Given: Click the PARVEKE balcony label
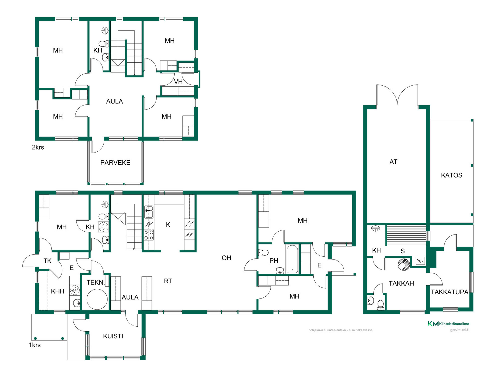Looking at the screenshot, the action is pyautogui.click(x=115, y=163).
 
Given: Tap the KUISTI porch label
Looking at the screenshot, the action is pyautogui.click(x=113, y=336).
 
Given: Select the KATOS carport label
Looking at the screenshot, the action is pyautogui.click(x=451, y=175).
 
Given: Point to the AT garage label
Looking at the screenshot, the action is pyautogui.click(x=393, y=162).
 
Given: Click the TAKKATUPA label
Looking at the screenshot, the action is pyautogui.click(x=449, y=292).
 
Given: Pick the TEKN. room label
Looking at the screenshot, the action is pyautogui.click(x=96, y=283).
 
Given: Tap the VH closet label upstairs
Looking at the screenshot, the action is pyautogui.click(x=178, y=82).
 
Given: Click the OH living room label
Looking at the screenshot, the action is pyautogui.click(x=226, y=258).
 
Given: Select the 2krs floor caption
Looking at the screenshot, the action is pyautogui.click(x=38, y=147).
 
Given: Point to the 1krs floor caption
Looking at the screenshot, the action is pyautogui.click(x=35, y=345).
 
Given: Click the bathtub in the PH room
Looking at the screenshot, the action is pyautogui.click(x=292, y=259).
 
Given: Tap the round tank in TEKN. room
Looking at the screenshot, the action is pyautogui.click(x=97, y=299).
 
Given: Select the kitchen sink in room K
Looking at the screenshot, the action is pyautogui.click(x=149, y=212).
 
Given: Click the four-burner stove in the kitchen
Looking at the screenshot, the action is pyautogui.click(x=149, y=235).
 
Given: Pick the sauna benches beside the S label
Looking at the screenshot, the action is pyautogui.click(x=406, y=235).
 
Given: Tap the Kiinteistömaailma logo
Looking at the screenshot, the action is pyautogui.click(x=448, y=324).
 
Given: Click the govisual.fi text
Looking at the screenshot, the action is pyautogui.click(x=460, y=330).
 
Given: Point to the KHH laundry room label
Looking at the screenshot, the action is pyautogui.click(x=57, y=291).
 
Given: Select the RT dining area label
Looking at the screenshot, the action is pyautogui.click(x=168, y=281).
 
